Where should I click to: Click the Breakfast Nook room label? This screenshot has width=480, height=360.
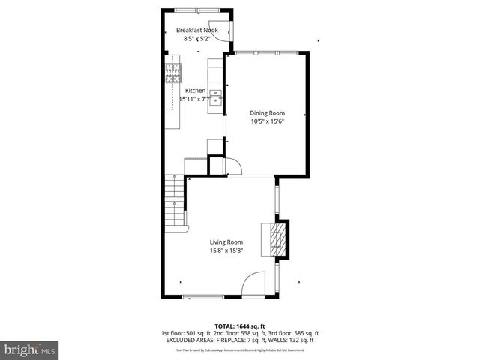(x=196, y=31)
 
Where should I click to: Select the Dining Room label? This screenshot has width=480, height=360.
(x=267, y=112)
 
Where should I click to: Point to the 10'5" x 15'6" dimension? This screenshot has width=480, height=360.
(x=267, y=121)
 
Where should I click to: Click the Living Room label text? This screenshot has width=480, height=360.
(x=226, y=241)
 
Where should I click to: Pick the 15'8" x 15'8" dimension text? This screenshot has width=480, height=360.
(x=226, y=250)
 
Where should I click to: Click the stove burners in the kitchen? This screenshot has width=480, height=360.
(x=173, y=73)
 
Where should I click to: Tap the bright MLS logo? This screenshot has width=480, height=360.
(x=30, y=349)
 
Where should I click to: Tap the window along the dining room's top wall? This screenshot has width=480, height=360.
(x=266, y=52)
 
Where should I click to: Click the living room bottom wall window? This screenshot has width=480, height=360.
(x=202, y=296)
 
